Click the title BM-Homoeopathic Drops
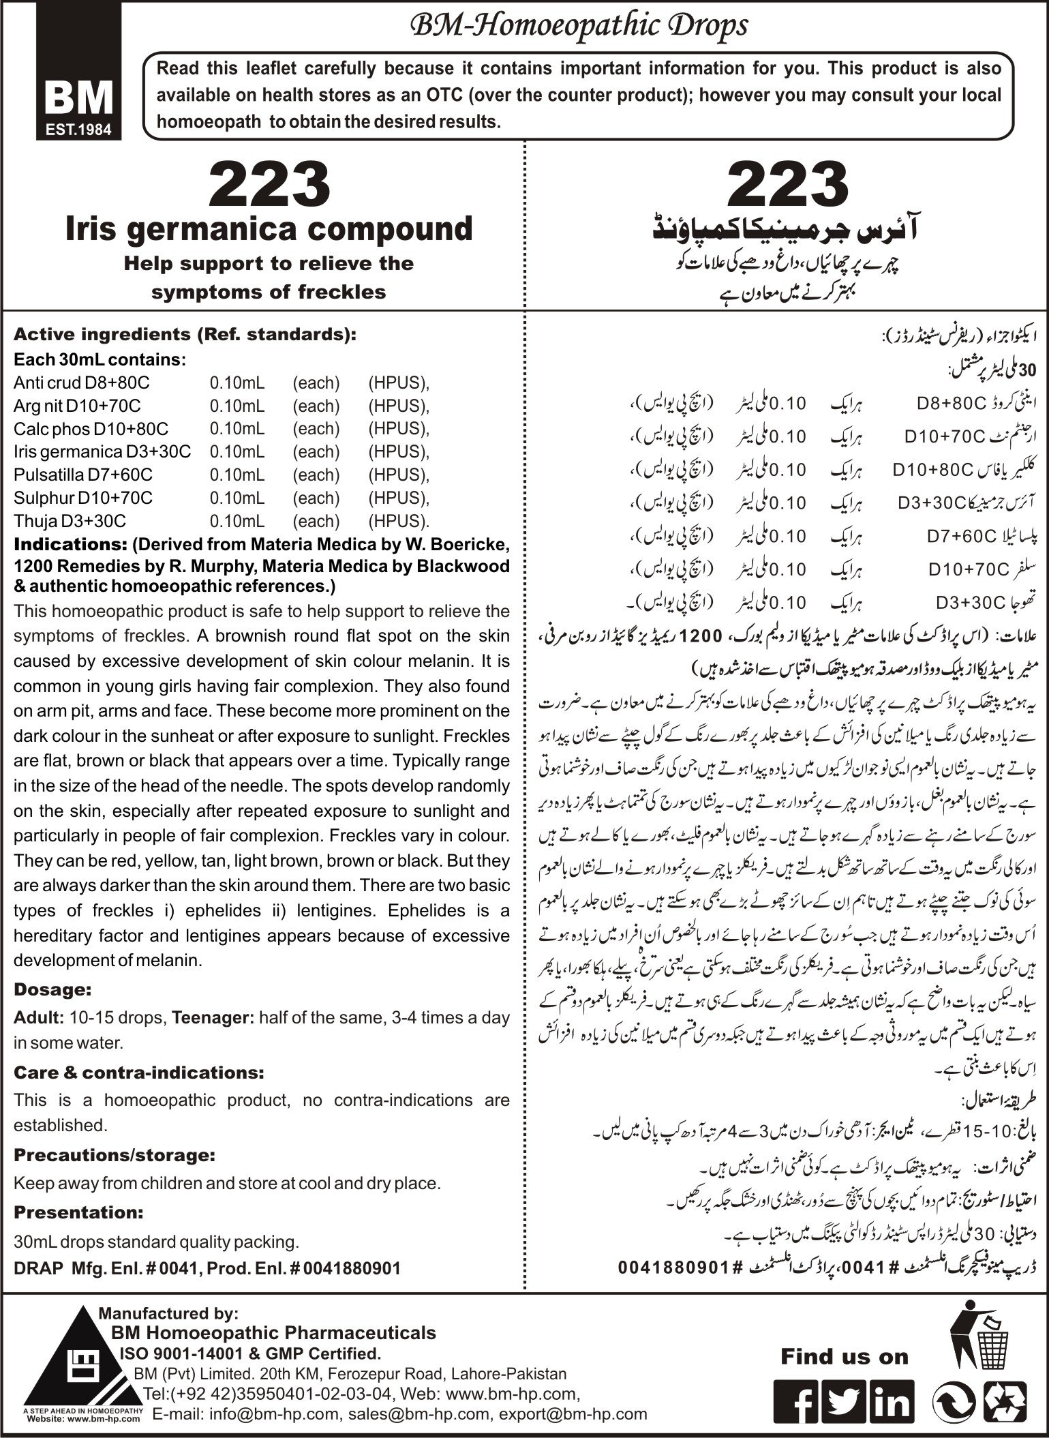576,26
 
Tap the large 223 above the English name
270,183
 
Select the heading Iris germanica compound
269,229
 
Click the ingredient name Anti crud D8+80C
81,383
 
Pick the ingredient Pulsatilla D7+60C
83,475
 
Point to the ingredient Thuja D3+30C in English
70,521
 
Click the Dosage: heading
52,989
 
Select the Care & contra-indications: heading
138,1072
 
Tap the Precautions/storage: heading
115,1155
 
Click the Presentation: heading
78,1212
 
